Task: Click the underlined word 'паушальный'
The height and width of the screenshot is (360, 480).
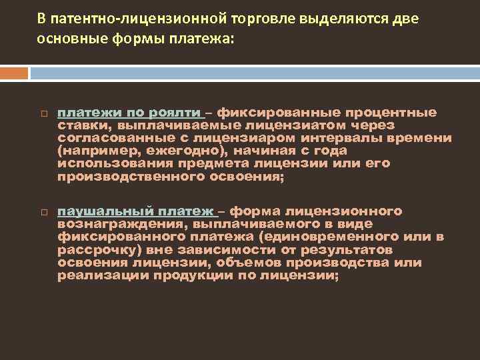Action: (105, 211)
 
